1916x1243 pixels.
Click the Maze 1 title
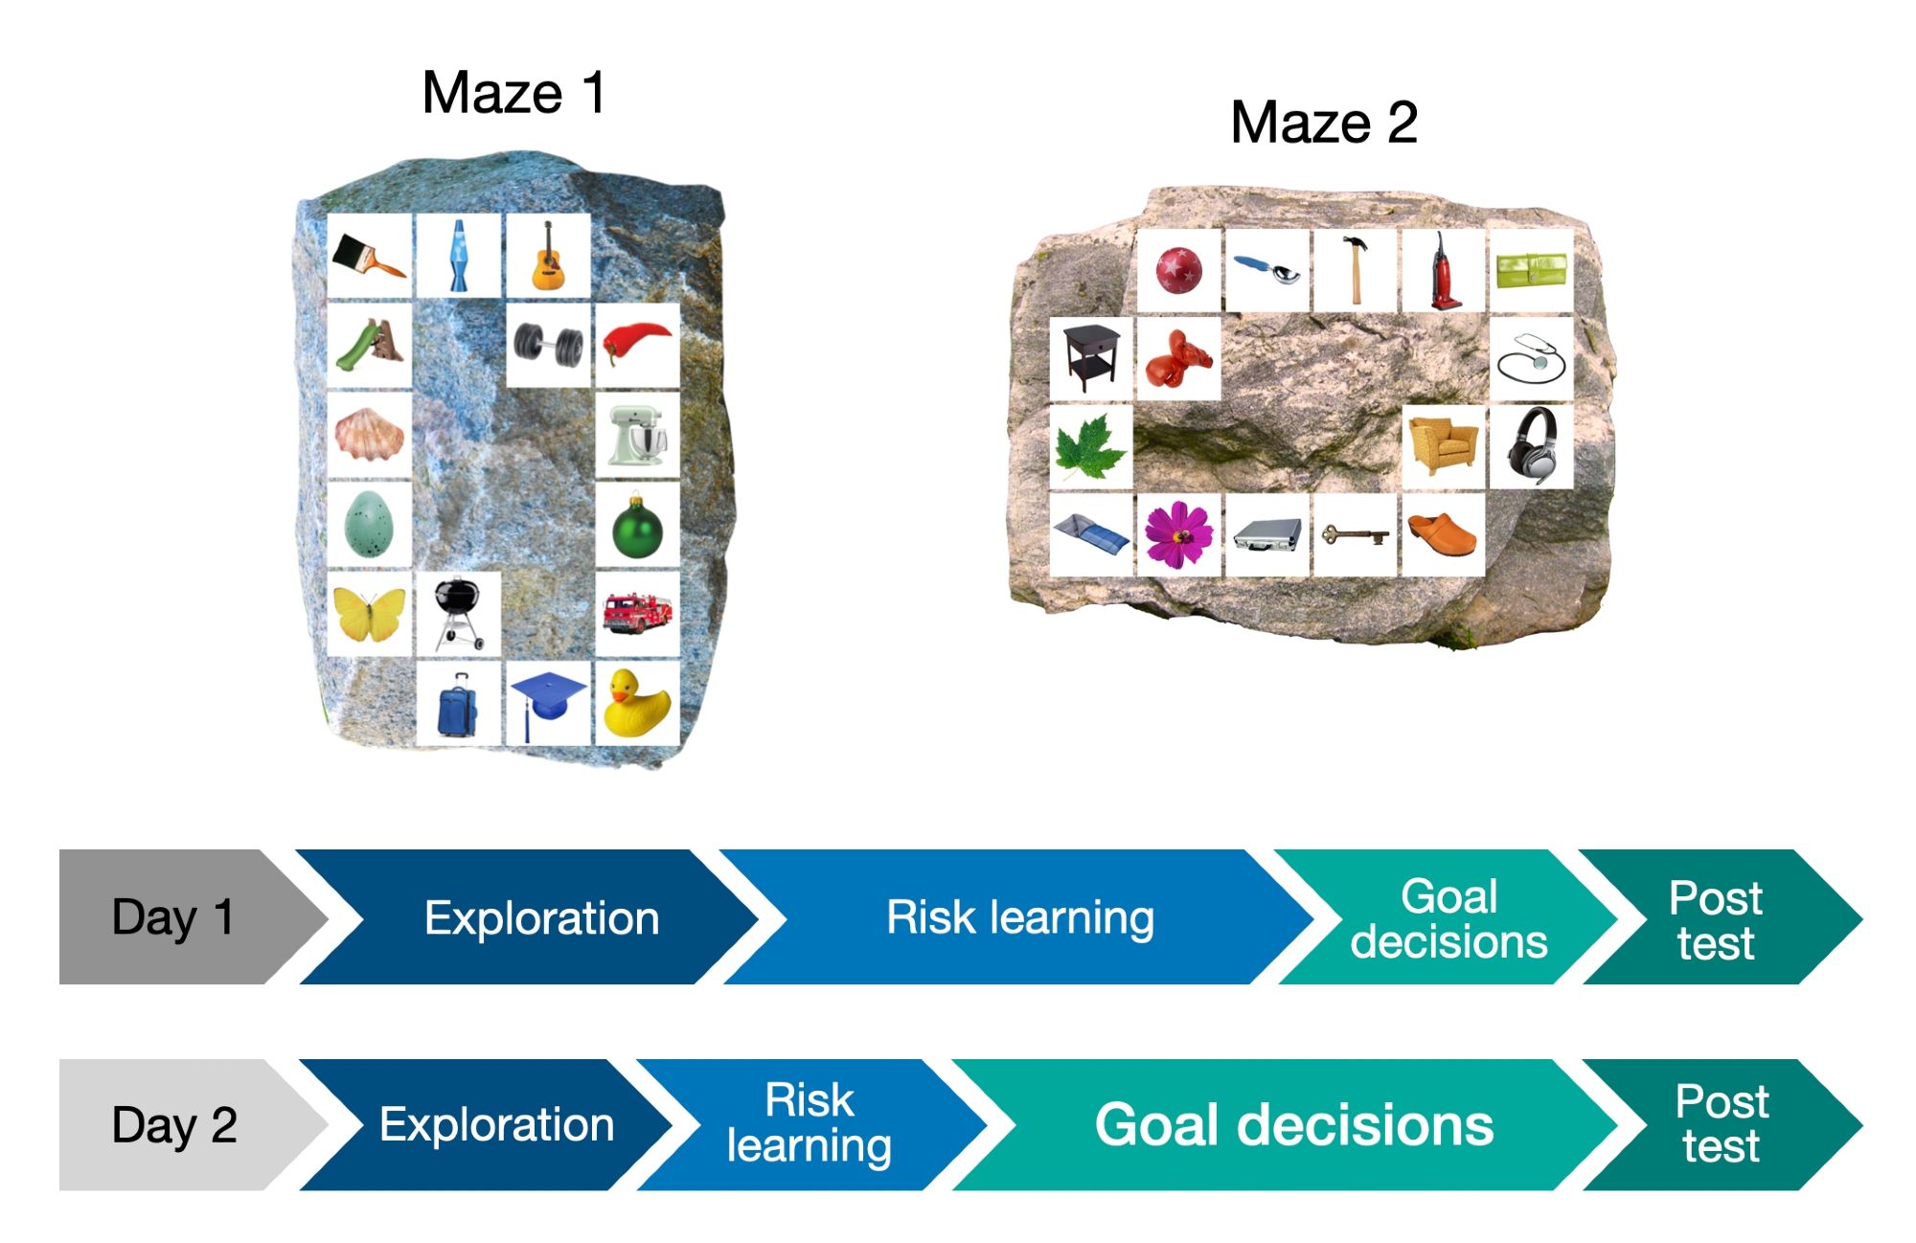click(513, 93)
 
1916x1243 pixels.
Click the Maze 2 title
click(1323, 123)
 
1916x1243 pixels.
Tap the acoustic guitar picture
click(548, 256)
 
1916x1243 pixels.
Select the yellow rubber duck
click(637, 703)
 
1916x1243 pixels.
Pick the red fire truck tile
click(637, 614)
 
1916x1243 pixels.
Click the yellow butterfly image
click(369, 614)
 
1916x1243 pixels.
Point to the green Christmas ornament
click(637, 525)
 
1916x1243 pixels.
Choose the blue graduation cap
click(548, 703)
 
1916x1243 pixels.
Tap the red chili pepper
click(637, 345)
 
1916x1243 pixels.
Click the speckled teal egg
click(369, 525)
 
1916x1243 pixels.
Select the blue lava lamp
click(459, 256)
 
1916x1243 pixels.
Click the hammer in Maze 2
click(1355, 270)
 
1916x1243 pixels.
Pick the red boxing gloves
click(1178, 358)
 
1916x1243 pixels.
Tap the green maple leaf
click(1090, 447)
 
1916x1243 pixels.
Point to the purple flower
click(1178, 535)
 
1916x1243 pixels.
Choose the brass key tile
click(1355, 535)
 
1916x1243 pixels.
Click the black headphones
click(1531, 447)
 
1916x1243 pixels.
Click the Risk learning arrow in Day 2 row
click(810, 1124)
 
